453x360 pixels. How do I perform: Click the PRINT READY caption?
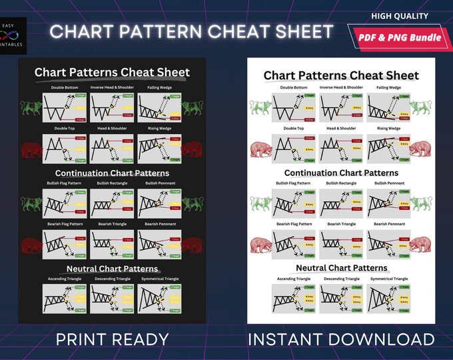112,339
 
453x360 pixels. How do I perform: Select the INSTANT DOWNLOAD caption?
341,339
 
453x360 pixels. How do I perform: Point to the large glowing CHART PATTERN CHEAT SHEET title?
192,32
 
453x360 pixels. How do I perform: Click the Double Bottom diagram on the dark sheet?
65,107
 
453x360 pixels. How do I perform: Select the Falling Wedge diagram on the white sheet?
388,107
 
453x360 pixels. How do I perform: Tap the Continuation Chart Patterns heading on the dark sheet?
112,173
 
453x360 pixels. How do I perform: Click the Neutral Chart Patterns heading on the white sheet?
341,268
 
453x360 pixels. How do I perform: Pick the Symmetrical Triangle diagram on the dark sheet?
160,299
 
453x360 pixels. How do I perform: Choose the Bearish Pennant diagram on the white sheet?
388,244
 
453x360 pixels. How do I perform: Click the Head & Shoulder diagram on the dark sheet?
112,149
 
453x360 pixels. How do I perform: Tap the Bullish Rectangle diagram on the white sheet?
341,203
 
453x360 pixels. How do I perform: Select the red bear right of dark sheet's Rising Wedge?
193,149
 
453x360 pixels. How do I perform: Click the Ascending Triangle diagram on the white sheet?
294,299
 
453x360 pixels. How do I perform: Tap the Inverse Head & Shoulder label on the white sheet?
341,87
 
